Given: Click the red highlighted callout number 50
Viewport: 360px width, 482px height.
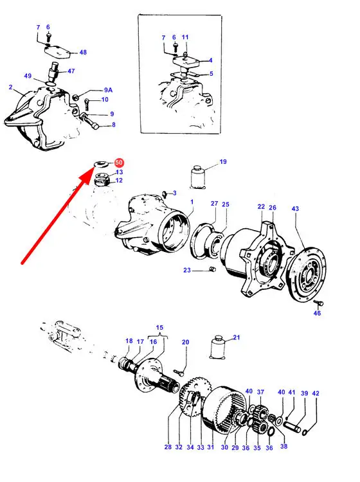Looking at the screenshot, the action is coord(119,163).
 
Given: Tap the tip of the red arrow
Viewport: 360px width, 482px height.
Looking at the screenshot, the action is coord(93,168).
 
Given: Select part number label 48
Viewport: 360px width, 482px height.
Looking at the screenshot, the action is coord(83,52).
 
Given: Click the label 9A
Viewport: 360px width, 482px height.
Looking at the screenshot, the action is coord(108,90).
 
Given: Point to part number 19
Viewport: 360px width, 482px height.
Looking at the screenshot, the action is coord(223,162).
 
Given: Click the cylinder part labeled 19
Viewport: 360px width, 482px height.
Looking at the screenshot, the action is coord(198,177).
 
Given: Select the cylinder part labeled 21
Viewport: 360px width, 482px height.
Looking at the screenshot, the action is coord(218,347).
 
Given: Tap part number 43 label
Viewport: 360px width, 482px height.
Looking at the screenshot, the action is coord(295,209).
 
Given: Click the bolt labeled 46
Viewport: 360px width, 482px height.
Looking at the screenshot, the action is coord(318,303).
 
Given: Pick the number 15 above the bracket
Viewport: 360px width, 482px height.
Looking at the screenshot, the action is coord(159,328).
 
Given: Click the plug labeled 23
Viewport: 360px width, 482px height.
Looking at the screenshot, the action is coord(212,269).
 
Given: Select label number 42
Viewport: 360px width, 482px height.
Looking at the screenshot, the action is coord(316,393).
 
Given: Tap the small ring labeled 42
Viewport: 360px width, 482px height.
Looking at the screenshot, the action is coord(305,433).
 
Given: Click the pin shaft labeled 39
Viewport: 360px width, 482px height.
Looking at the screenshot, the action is coord(292,427).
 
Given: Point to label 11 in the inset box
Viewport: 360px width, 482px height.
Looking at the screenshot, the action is coord(185,37).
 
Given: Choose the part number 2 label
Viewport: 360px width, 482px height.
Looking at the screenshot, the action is coord(11,87).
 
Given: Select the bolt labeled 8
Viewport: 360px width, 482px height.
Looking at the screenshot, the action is coord(89,121).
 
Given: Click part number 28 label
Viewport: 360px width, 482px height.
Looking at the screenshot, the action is coord(168,447).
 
